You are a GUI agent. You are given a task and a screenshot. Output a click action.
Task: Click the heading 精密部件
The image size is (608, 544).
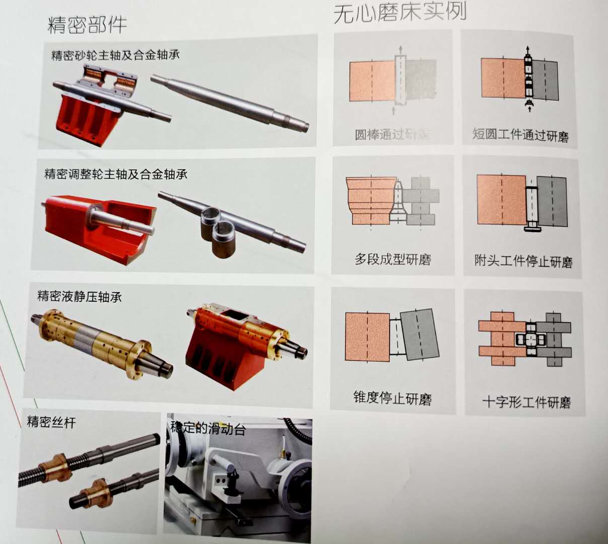[x=87, y=24]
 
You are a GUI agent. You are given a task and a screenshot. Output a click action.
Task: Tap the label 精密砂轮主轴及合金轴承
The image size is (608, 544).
[x=115, y=54]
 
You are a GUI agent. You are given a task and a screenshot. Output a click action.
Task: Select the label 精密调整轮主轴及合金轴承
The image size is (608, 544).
[x=116, y=174]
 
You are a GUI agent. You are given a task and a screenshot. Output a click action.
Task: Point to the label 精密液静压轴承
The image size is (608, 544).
[x=80, y=296]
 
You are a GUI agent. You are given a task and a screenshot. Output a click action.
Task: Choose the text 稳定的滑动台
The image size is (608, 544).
[x=208, y=428]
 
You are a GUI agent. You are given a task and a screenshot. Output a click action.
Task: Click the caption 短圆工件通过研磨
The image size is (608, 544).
[x=520, y=134]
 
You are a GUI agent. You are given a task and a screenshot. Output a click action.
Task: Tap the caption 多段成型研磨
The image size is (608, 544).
[x=393, y=259]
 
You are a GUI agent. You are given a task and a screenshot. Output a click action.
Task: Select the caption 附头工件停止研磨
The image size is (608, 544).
[x=523, y=261]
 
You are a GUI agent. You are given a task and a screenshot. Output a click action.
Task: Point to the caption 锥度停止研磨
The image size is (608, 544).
[x=392, y=398]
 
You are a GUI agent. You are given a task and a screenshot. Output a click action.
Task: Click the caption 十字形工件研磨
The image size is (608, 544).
[x=526, y=402]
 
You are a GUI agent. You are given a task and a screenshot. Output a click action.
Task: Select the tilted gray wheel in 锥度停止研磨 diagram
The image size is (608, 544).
[x=418, y=334]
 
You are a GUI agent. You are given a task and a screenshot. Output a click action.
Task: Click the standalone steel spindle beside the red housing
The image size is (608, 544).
[x=229, y=100]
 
